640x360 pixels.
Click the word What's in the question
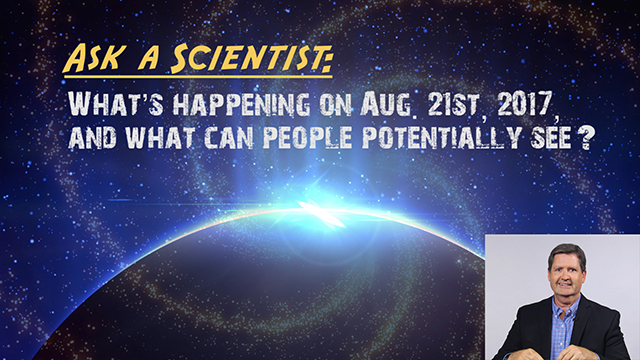(x=109, y=103)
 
